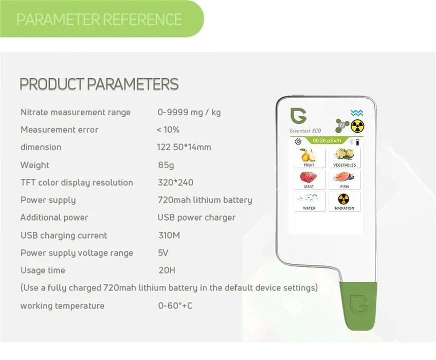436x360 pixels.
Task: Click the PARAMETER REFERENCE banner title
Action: pos(99,20)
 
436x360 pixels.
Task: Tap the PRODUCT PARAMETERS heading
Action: pos(99,84)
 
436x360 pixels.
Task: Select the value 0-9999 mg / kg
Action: pos(189,112)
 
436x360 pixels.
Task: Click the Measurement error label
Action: pos(59,130)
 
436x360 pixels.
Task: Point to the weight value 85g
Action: pos(166,165)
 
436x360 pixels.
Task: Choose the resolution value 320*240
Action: pos(175,183)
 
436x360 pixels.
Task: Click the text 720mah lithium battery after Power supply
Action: pos(205,200)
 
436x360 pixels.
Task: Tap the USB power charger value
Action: pos(196,218)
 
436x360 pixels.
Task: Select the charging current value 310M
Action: pos(169,236)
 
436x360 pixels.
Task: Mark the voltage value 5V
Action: pos(163,253)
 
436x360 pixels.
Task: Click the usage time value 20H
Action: pos(166,271)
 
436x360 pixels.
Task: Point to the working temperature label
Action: pos(62,306)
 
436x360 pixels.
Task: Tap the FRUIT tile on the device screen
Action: pos(309,157)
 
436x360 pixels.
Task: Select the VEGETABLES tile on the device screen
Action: pos(344,157)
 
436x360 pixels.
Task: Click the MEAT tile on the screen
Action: pos(309,179)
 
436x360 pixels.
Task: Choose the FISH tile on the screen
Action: pos(344,179)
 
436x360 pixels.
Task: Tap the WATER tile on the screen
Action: pos(309,201)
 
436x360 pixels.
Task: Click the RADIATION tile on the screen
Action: pos(344,201)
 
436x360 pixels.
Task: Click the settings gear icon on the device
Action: pos(298,141)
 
